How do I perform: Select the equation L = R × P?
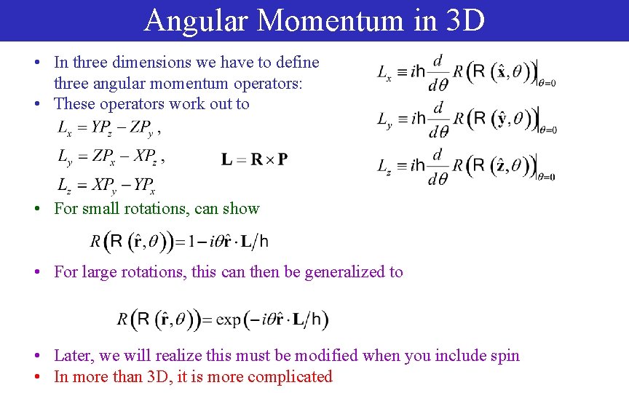(254, 159)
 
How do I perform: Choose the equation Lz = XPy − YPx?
(106, 185)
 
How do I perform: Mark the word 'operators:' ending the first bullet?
(280, 83)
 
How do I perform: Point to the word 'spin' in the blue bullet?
(505, 355)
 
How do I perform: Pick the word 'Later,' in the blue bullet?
(74, 355)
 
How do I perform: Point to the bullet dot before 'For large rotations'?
(36, 272)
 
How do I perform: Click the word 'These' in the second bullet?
(75, 103)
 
